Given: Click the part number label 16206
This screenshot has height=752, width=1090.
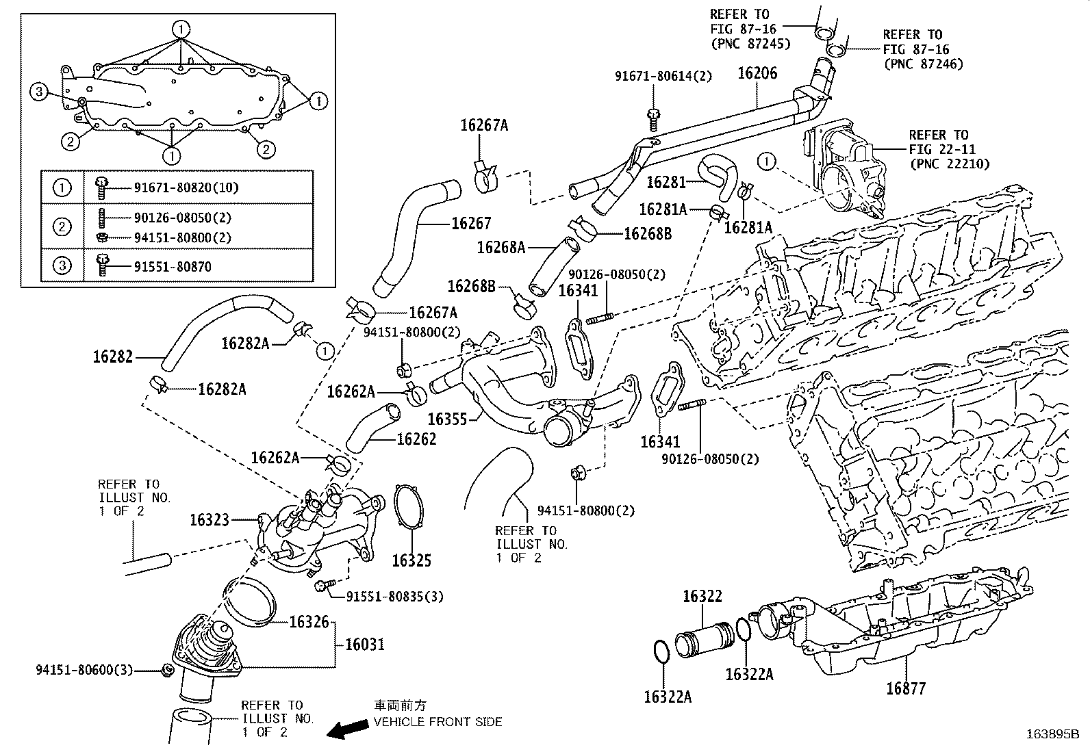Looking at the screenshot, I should (757, 73).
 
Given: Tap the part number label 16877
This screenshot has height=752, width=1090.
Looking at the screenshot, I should (905, 688).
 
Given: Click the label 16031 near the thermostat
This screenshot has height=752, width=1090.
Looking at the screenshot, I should (364, 645).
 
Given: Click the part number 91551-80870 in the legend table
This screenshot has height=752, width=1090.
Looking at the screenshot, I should (172, 267).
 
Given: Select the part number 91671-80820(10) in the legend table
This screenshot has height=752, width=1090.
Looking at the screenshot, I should (186, 187).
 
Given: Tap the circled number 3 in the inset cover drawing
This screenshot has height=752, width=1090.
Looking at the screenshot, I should (39, 92).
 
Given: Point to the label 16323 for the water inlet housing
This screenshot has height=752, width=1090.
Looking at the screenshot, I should (210, 521).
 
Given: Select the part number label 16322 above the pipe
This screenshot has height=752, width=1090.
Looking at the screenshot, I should (702, 597).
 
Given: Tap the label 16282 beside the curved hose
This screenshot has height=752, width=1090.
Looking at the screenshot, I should (113, 356).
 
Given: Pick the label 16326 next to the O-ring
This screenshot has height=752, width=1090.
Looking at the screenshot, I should (309, 622).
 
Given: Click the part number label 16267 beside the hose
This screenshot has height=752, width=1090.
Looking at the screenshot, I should (471, 224).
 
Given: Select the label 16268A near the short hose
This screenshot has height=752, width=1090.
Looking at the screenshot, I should (500, 248).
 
